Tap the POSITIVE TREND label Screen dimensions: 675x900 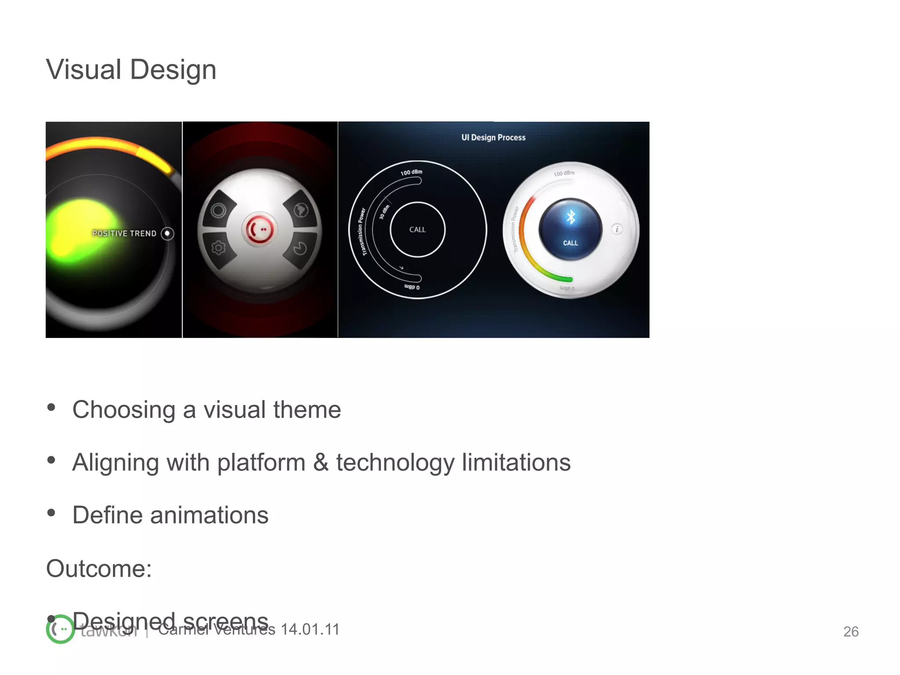(x=124, y=233)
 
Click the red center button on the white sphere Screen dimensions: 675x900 (x=259, y=229)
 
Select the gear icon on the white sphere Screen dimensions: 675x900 (x=218, y=248)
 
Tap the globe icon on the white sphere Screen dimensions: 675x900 (x=301, y=210)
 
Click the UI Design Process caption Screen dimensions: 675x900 (x=493, y=138)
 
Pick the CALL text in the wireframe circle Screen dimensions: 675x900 (x=417, y=229)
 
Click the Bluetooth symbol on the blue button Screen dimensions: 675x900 (x=571, y=217)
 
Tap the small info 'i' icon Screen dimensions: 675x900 (x=617, y=229)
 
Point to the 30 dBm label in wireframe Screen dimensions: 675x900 (x=384, y=212)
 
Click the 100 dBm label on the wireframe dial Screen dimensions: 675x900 (x=411, y=172)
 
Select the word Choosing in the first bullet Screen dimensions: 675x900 (x=123, y=410)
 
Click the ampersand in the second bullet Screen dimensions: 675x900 (x=321, y=462)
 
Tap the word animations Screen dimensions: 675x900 (x=209, y=515)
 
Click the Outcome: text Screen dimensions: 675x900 (x=99, y=569)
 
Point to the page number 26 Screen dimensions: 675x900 (x=851, y=631)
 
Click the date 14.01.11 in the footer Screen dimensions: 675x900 (x=310, y=629)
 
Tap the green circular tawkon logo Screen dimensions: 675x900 (x=60, y=629)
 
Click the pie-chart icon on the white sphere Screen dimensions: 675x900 (x=301, y=249)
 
